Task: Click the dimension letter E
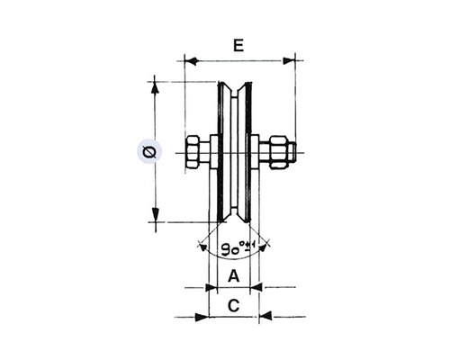(x=238, y=45)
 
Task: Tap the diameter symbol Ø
(x=148, y=152)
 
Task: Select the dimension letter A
(x=233, y=275)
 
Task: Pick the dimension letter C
(x=233, y=305)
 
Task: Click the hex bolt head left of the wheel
(x=194, y=152)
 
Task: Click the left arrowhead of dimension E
(x=189, y=61)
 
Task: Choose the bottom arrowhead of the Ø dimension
(x=155, y=216)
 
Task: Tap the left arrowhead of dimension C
(x=202, y=317)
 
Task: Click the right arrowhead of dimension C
(x=265, y=317)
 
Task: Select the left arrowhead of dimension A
(x=212, y=288)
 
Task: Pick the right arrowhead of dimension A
(x=256, y=288)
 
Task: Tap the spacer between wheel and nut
(x=256, y=152)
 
